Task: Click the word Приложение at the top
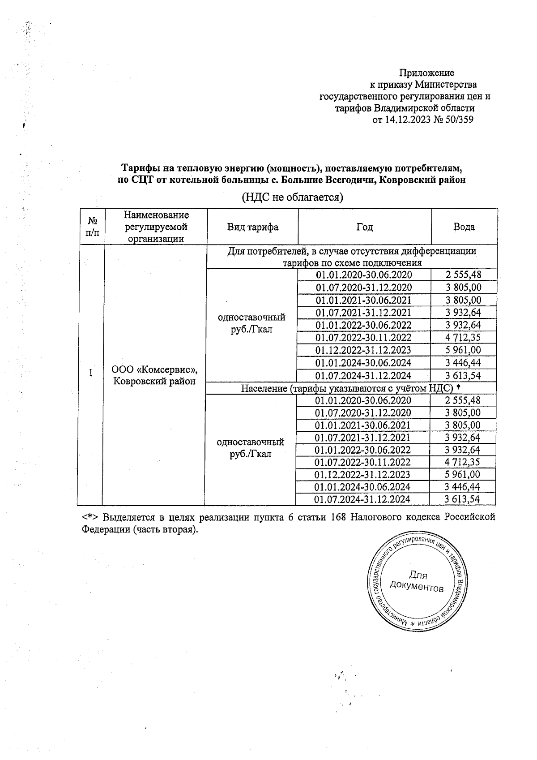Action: tap(426, 73)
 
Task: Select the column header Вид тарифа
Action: tap(252, 227)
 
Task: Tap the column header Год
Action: tap(364, 227)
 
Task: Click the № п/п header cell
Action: tap(92, 227)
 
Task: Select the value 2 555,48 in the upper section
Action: tap(463, 275)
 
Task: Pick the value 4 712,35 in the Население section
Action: tap(462, 462)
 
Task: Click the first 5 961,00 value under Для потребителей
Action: tap(463, 350)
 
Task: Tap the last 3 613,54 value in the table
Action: tap(462, 499)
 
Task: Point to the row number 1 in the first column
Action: tap(91, 373)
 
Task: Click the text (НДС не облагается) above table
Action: tap(292, 197)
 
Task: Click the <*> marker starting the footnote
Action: tap(91, 517)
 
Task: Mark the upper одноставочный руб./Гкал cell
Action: tap(251, 323)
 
